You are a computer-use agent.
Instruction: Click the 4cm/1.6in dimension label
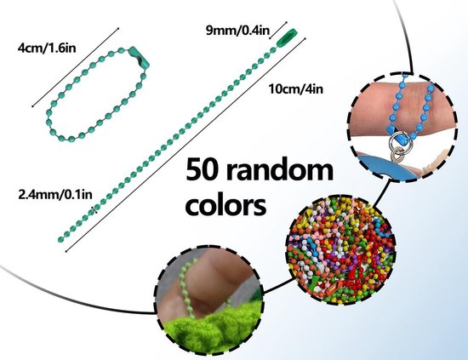tap(47, 48)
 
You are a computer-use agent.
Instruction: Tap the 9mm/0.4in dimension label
tap(238, 30)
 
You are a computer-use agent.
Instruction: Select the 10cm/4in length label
tap(296, 89)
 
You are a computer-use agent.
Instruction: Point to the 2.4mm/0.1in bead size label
tap(55, 194)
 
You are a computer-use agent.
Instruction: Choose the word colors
tap(225, 205)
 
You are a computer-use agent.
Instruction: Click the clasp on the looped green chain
tap(139, 56)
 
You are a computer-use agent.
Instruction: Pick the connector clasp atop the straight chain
tap(287, 37)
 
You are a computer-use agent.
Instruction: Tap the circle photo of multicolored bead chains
tap(340, 249)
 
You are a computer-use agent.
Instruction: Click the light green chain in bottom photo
tap(187, 287)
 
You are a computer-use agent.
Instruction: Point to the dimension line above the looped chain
tap(76, 67)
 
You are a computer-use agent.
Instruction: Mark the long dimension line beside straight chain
tap(185, 145)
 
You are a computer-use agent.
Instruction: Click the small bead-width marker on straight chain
tap(95, 209)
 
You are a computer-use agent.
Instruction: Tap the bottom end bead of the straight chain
tap(60, 239)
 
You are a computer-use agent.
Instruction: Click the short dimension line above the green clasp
tap(278, 30)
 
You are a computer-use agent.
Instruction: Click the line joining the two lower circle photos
tap(277, 286)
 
